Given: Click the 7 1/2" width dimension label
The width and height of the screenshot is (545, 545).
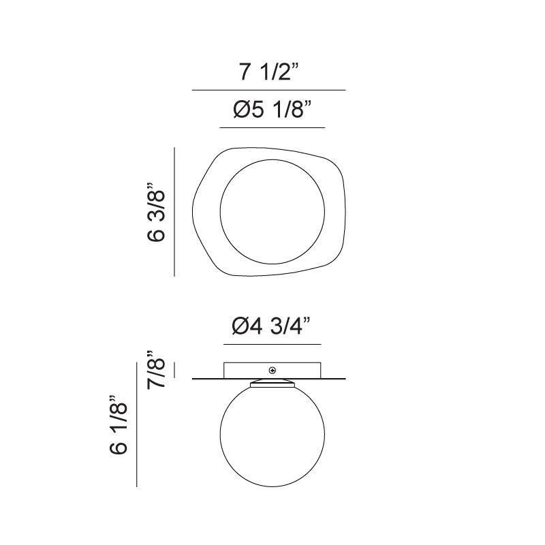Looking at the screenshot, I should [x=269, y=72].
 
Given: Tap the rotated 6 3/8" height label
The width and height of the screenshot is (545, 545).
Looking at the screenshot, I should [x=157, y=212].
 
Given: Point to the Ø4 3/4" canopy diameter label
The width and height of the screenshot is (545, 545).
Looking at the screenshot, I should [x=272, y=327].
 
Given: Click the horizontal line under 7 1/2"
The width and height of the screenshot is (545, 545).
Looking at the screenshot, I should [x=269, y=90].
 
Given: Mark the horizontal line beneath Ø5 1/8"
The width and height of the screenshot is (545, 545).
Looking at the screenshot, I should [x=272, y=127].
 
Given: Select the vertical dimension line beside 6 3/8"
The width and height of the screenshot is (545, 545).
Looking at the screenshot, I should [x=175, y=212].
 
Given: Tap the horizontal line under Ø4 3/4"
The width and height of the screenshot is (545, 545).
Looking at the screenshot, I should [x=272, y=345].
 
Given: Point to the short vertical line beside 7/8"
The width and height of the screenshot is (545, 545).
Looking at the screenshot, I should [x=175, y=370].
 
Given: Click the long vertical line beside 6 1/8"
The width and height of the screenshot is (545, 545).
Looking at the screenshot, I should [x=137, y=425].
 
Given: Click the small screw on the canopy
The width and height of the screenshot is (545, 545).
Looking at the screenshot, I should [x=272, y=371].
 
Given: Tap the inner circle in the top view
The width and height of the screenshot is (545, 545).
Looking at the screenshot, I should [x=272, y=212].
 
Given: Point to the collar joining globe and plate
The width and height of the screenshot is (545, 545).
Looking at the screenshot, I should [x=272, y=384].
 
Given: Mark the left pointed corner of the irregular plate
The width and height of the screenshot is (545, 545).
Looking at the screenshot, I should [x=193, y=204].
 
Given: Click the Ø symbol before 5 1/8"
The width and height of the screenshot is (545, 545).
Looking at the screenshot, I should [x=241, y=110].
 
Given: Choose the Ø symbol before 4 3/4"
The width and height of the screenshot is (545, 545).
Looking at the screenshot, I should [x=241, y=327].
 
